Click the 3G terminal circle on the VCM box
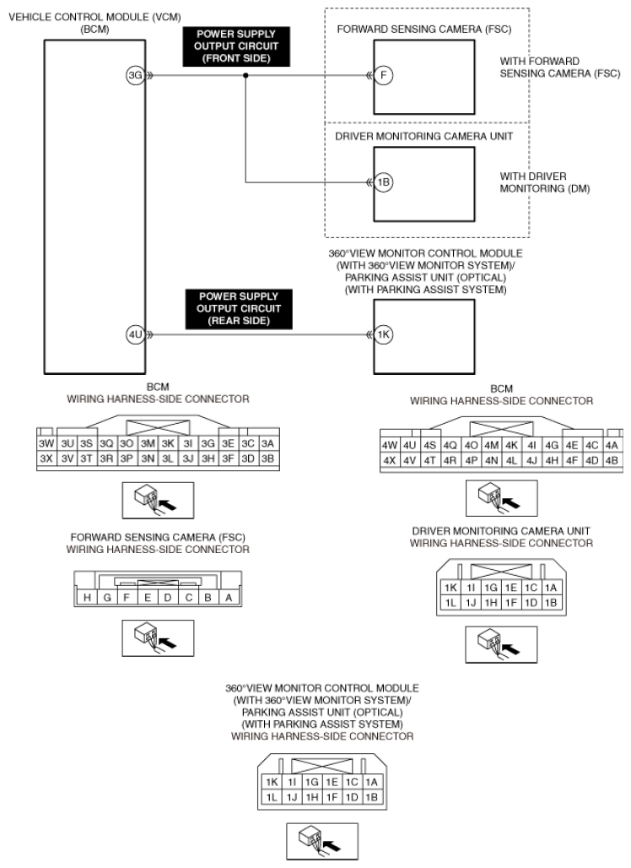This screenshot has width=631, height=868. click(x=136, y=76)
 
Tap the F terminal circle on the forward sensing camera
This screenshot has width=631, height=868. click(x=384, y=76)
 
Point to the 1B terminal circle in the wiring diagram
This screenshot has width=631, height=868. click(x=384, y=182)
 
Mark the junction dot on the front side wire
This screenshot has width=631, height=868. click(x=245, y=76)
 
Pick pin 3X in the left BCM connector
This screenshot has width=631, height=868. click(x=47, y=458)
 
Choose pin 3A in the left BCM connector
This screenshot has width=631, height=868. click(x=267, y=442)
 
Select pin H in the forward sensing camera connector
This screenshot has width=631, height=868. click(x=87, y=599)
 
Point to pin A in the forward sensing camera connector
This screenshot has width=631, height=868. click(x=229, y=599)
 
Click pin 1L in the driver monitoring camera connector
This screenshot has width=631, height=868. click(x=450, y=603)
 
